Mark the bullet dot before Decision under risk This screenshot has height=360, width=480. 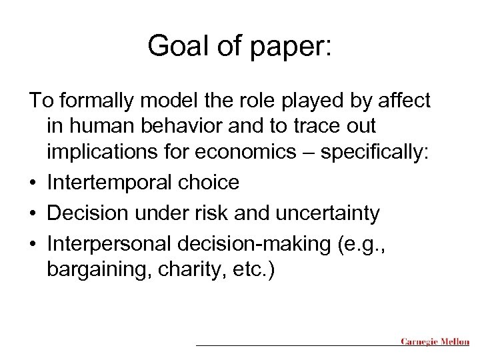click(x=33, y=215)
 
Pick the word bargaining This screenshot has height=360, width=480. click(x=93, y=271)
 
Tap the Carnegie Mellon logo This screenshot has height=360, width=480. click(x=436, y=341)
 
